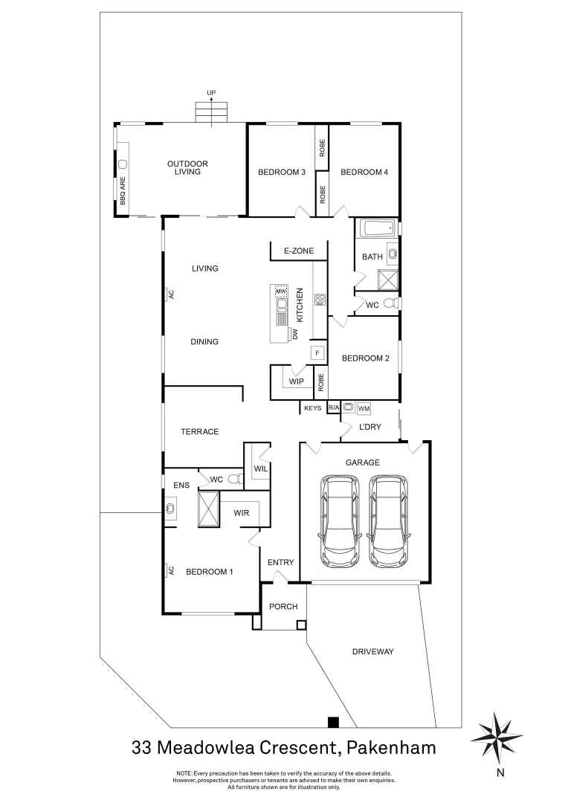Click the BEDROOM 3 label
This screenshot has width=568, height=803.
282,172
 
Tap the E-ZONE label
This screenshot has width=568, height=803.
298,252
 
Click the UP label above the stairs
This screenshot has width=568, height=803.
211,93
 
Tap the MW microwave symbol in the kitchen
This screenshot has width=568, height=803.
281,291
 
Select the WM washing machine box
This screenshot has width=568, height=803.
364,408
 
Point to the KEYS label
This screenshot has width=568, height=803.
312,408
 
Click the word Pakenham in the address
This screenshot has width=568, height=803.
388,746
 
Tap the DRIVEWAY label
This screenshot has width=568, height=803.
372,652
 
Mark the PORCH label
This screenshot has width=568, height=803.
283,607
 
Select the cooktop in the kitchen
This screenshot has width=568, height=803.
320,300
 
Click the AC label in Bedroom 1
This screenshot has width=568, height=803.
170,570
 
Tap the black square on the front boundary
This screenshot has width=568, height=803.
333,721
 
